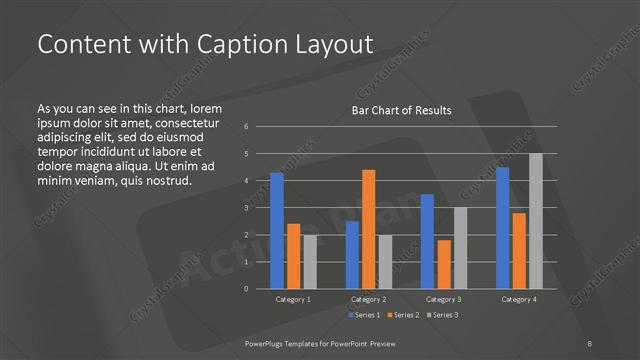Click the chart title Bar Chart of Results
(x=400, y=110)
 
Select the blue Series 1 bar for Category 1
(x=277, y=230)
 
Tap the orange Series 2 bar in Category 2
(x=369, y=229)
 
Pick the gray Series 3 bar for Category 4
(x=536, y=221)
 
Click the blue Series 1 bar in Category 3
(x=427, y=241)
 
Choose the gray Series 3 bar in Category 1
(x=310, y=262)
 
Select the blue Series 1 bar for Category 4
(x=503, y=228)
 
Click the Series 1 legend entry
(x=365, y=315)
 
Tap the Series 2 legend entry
(x=404, y=315)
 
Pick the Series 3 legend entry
(x=443, y=315)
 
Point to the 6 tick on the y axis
(x=246, y=127)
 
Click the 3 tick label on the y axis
(x=246, y=208)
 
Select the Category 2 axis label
(x=369, y=299)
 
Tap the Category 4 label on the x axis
(x=519, y=299)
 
